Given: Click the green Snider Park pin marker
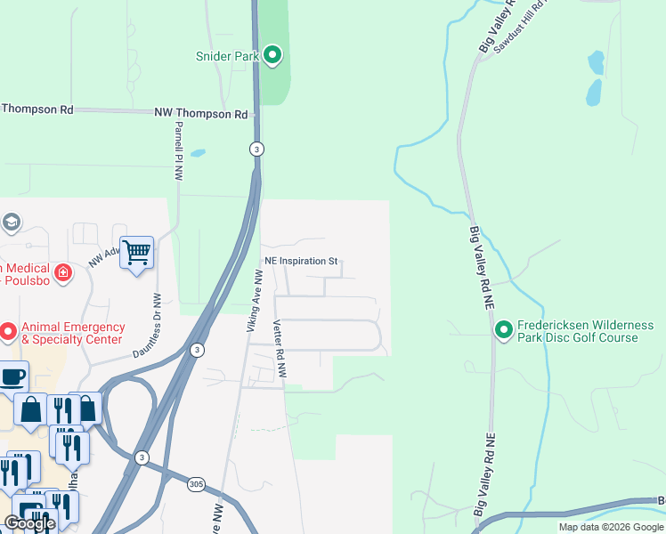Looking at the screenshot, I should coord(273,56).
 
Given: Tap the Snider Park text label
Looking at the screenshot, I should coord(227,56).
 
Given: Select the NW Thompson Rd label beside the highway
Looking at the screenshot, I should coord(200,115).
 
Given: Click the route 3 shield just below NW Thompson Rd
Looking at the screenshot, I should coord(256,149).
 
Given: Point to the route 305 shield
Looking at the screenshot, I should coord(197,485).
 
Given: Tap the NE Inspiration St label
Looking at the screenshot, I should coord(301,262).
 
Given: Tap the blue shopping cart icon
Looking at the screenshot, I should coord(136,253).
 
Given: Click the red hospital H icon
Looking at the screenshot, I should coord(62,272).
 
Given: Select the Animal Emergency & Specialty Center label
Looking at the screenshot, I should coord(71,333).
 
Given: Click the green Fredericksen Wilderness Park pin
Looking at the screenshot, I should coord(503,330).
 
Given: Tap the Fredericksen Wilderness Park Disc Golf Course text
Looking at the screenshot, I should coord(579,331).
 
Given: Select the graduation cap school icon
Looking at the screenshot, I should coord(11,222).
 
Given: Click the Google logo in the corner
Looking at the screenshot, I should coord(29,523).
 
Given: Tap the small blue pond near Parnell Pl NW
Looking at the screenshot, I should coord(198,153).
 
